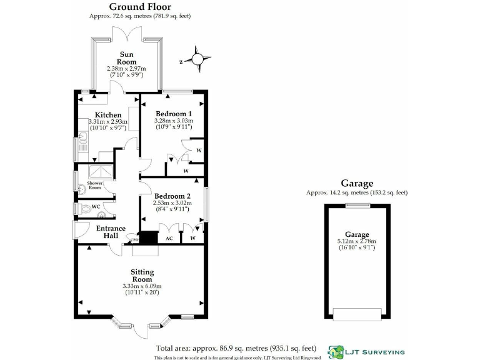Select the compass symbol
[197, 59]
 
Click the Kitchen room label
[108, 115]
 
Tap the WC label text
[96, 206]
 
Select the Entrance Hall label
[111, 232]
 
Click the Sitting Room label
[142, 276]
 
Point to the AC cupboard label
[169, 238]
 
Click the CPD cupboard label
[134, 239]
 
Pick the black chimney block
[149, 238]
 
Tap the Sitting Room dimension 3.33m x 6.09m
[142, 287]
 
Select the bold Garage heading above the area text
[357, 184]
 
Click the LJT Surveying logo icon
[336, 351]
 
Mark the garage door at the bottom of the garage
[357, 313]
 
